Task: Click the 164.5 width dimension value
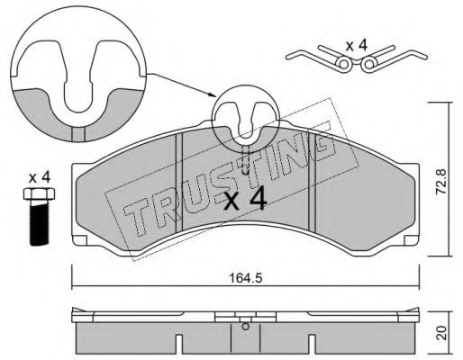point(246,278)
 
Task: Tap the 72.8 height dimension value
point(441,182)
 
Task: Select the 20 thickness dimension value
point(441,333)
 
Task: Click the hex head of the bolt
point(39,194)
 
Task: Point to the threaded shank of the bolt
point(39,223)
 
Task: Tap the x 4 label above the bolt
point(40,178)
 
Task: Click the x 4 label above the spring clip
point(357,46)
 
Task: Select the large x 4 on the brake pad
point(246,198)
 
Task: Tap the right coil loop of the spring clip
point(369,64)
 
